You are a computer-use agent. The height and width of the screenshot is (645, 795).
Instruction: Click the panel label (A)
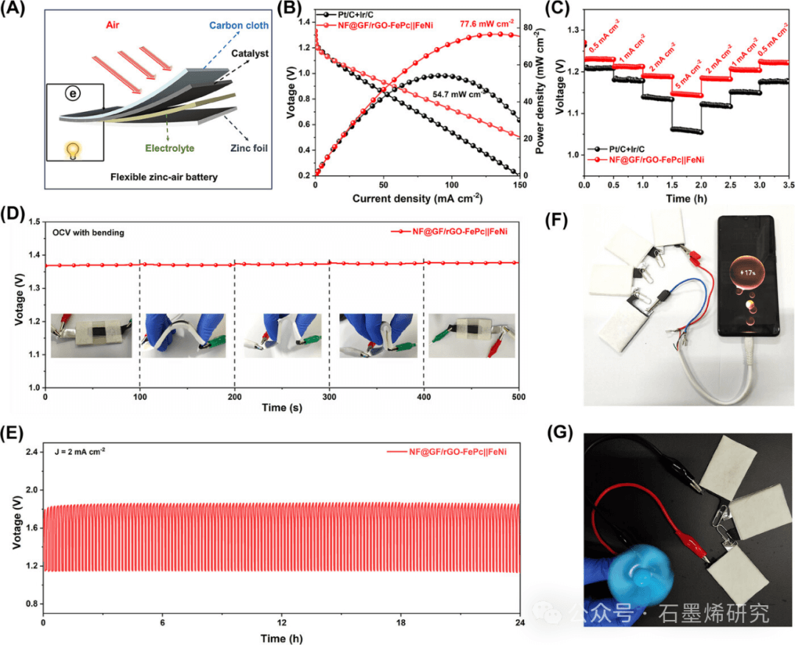[17, 11]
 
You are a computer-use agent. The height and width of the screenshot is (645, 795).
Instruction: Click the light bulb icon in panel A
[73, 150]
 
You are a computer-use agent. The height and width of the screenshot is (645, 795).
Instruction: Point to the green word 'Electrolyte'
[169, 148]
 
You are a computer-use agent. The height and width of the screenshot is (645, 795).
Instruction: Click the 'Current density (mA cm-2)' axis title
[417, 198]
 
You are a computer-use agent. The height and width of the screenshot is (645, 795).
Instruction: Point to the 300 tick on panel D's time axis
[329, 398]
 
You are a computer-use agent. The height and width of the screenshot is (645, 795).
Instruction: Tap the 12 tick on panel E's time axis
[281, 623]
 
